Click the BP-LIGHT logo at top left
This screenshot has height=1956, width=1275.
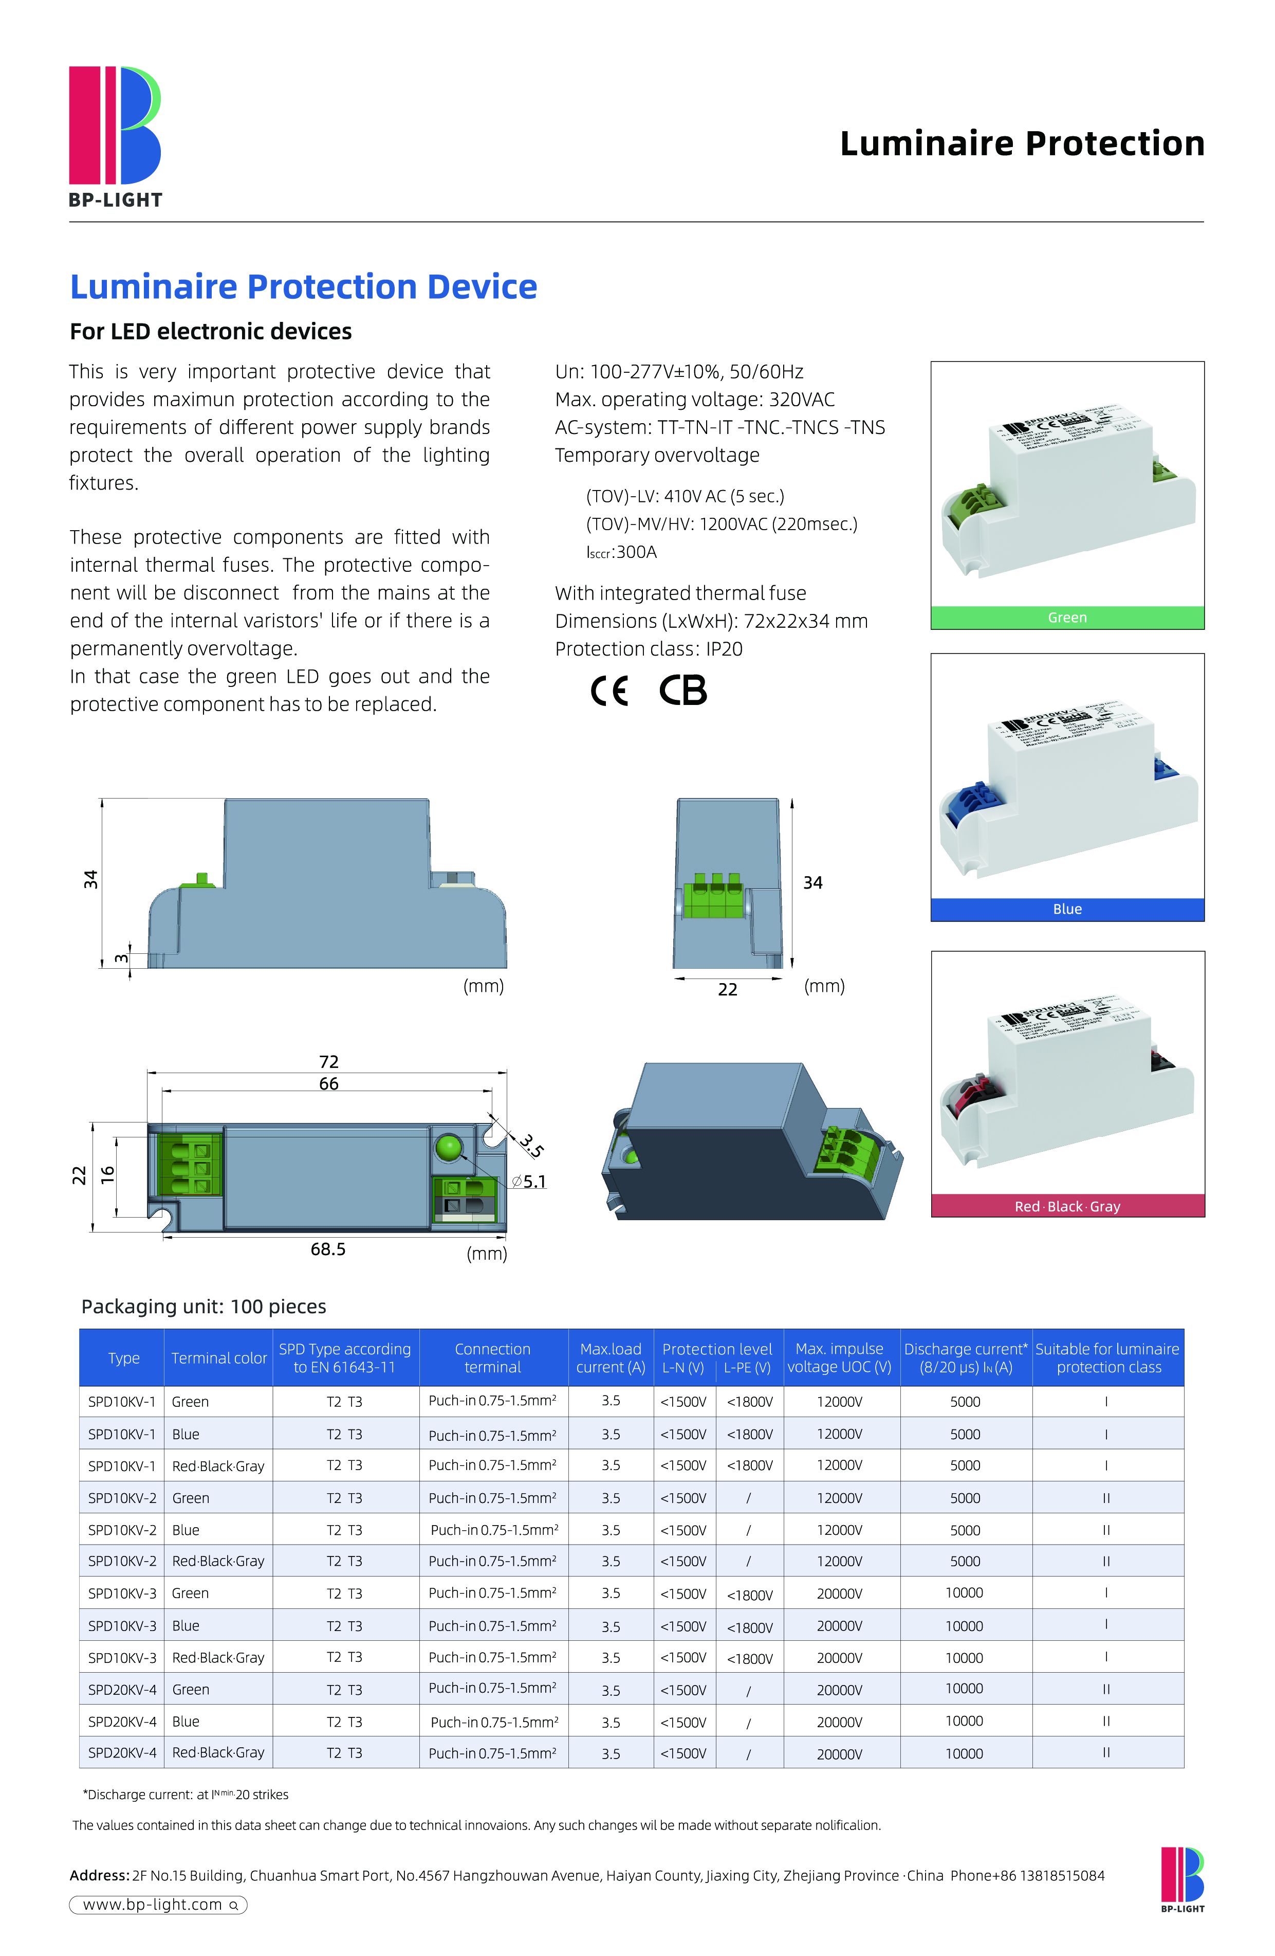click(115, 136)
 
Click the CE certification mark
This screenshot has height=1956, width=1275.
click(609, 691)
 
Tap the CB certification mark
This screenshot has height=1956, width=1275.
click(682, 691)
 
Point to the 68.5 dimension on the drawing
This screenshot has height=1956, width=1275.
click(328, 1249)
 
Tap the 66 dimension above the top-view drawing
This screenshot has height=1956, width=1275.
click(328, 1084)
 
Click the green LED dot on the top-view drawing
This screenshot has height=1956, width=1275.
click(449, 1147)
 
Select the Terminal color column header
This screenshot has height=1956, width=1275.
click(218, 1357)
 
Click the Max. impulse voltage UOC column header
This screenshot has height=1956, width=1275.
click(840, 1357)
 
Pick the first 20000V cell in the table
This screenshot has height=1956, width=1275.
click(840, 1593)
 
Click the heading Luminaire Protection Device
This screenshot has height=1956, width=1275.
click(303, 287)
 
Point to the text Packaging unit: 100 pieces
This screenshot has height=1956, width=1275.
click(204, 1306)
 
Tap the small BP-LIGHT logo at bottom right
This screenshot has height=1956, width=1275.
click(1182, 1879)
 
